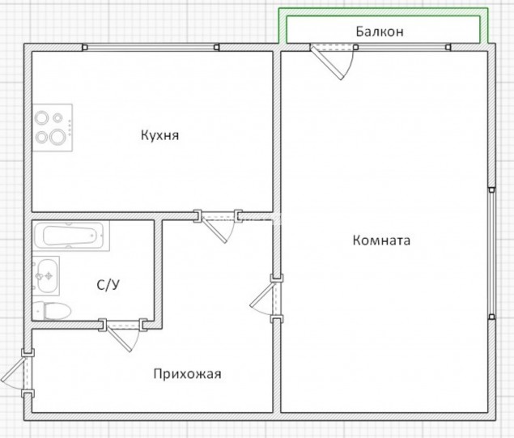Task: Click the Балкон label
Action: [380, 32]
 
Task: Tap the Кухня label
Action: [160, 135]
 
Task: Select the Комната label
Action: [381, 240]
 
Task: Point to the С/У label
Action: [108, 284]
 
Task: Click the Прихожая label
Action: [188, 374]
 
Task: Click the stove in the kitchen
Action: [53, 128]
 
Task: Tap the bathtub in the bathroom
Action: [71, 236]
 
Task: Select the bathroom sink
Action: [46, 276]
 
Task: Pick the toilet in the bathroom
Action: [52, 310]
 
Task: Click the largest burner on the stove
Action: [57, 137]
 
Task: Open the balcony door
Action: [327, 63]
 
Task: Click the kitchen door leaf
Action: [215, 230]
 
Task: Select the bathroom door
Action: [120, 339]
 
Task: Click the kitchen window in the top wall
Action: [151, 48]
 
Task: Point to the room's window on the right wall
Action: [491, 253]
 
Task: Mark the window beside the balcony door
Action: [403, 48]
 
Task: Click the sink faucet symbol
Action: [49, 276]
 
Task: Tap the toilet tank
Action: [38, 310]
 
